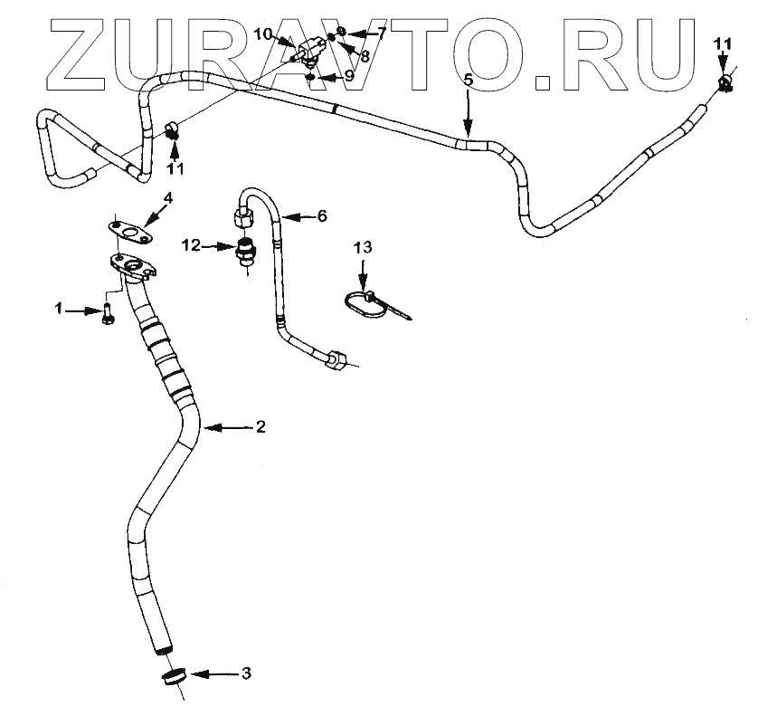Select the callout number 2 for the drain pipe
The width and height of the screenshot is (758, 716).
click(260, 426)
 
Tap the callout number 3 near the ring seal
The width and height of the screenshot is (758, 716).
click(246, 673)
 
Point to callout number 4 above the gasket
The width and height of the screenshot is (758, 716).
click(167, 197)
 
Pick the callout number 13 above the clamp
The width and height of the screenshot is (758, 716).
click(362, 246)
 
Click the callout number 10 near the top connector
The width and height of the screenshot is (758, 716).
click(262, 34)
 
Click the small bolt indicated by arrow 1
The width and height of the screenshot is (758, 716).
click(106, 313)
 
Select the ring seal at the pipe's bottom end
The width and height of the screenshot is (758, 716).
click(175, 678)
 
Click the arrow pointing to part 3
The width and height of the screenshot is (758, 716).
click(210, 674)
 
